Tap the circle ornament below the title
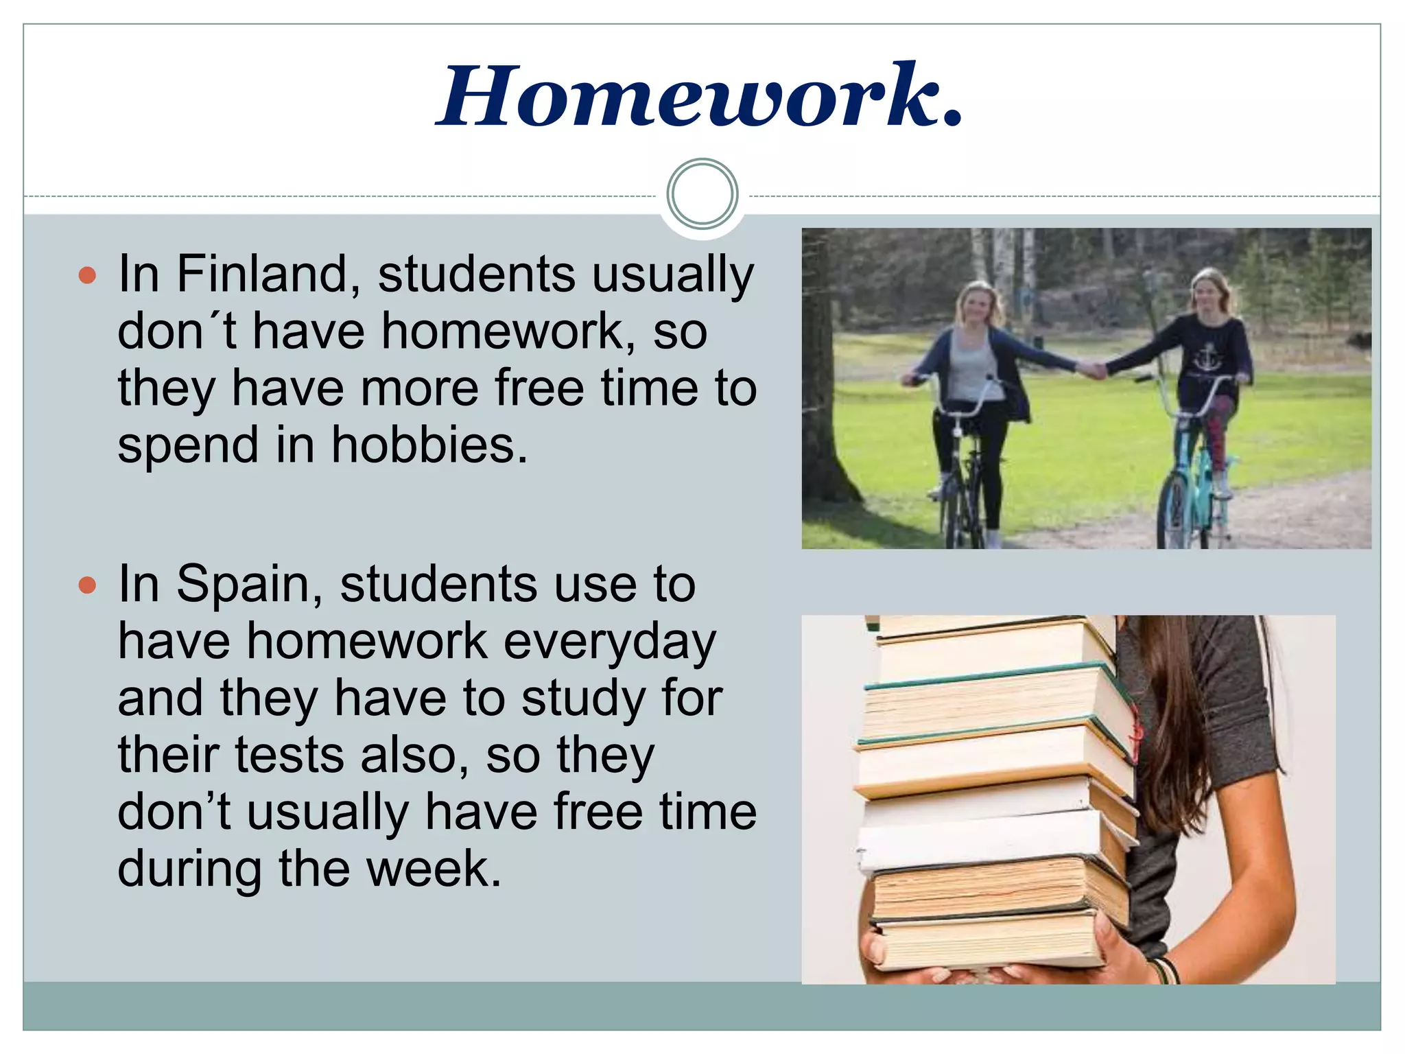702,194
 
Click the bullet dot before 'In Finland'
87,276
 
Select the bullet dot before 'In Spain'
87,585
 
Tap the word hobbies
429,445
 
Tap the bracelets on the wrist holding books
1166,970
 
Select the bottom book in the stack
988,944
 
